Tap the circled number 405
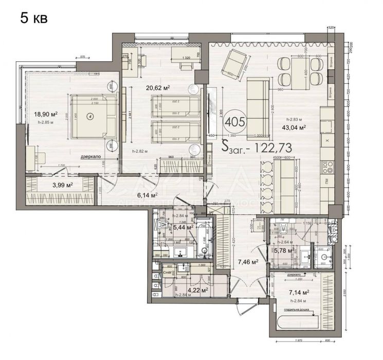click(x=235, y=122)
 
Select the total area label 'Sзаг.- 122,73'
click(x=259, y=147)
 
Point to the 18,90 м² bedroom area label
click(x=45, y=114)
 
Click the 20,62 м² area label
click(x=158, y=87)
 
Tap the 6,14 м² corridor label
click(x=147, y=195)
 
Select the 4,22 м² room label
click(x=197, y=290)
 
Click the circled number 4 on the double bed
click(x=90, y=116)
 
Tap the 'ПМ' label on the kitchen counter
click(x=327, y=181)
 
